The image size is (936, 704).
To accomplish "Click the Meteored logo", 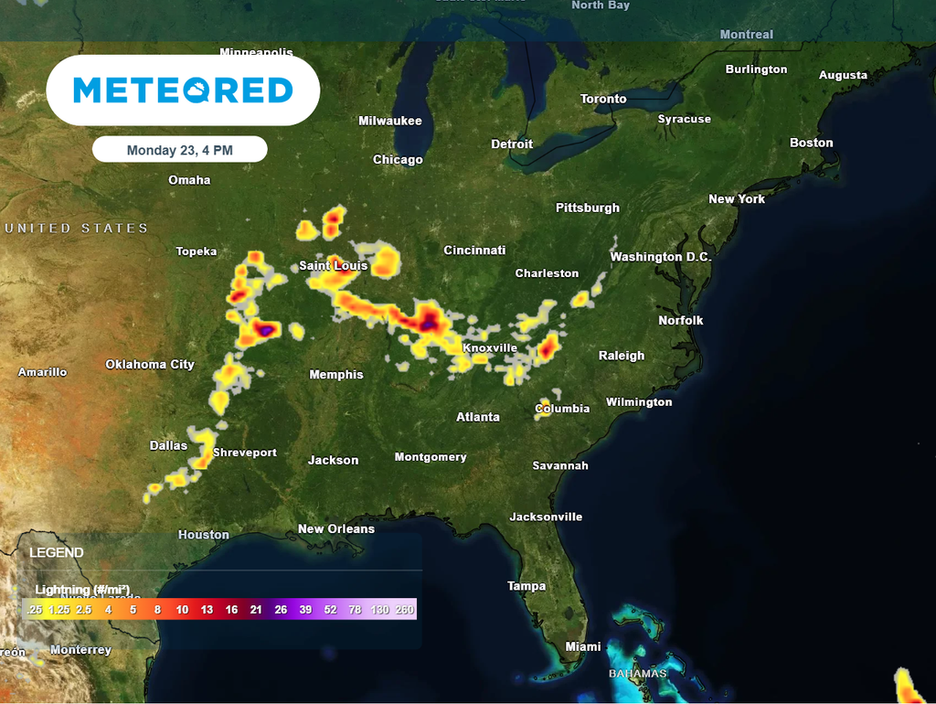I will pyautogui.click(x=183, y=90).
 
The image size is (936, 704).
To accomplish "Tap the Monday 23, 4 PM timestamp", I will pyautogui.click(x=179, y=150).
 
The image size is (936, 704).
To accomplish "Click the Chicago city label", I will pyautogui.click(x=398, y=160).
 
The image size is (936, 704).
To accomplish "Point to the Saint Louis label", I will pyautogui.click(x=333, y=266).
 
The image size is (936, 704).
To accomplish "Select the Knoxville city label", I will pyautogui.click(x=489, y=348).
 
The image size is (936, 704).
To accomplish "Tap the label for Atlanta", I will pyautogui.click(x=478, y=417).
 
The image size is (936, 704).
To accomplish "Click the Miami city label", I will pyautogui.click(x=583, y=647).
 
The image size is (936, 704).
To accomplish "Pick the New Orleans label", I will pyautogui.click(x=336, y=529).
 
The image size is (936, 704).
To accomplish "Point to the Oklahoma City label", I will pyautogui.click(x=150, y=365).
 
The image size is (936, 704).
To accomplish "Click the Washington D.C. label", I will pyautogui.click(x=660, y=258).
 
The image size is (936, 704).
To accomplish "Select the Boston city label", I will pyautogui.click(x=812, y=143).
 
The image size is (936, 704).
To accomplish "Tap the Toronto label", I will pyautogui.click(x=603, y=99).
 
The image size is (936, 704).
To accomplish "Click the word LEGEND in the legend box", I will pyautogui.click(x=57, y=553).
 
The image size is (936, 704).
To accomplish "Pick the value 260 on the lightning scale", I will pyautogui.click(x=405, y=610).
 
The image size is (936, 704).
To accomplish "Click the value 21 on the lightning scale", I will pyautogui.click(x=256, y=610).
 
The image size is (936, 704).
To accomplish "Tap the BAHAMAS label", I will pyautogui.click(x=638, y=674).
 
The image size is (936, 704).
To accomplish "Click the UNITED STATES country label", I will pyautogui.click(x=76, y=229).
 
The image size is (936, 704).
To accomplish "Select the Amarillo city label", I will pyautogui.click(x=42, y=372).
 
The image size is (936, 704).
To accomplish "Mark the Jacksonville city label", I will pyautogui.click(x=546, y=517).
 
